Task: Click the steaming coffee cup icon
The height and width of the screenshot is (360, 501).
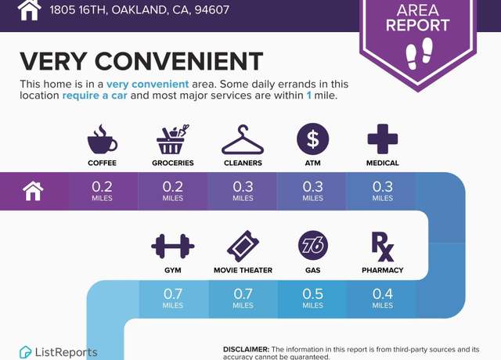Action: [102, 139]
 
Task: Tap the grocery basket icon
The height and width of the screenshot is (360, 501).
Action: [172, 139]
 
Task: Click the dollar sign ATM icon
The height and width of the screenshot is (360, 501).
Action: [313, 139]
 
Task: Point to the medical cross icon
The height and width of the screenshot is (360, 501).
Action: [383, 139]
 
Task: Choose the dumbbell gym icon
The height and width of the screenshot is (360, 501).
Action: [173, 246]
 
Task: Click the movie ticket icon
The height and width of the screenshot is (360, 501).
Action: [243, 247]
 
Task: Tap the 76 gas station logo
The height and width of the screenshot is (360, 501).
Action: [313, 245]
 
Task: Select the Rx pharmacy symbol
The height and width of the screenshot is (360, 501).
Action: [383, 247]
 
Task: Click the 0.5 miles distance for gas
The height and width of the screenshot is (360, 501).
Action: [313, 298]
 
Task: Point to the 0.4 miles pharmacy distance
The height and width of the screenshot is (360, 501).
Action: [383, 298]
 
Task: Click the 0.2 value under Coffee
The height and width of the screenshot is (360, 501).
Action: [102, 186]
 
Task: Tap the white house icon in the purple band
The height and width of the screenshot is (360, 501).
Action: [33, 191]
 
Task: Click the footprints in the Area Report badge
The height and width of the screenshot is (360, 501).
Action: [420, 53]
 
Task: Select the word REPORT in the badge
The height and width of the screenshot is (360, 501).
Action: [417, 25]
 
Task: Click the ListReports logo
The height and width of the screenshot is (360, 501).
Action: [59, 352]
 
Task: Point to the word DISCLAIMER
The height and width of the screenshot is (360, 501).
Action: [247, 350]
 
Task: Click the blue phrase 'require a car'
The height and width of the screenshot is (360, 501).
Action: [95, 95]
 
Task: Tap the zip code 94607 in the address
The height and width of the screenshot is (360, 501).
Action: [212, 9]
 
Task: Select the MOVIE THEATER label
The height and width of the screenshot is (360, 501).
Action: [243, 270]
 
